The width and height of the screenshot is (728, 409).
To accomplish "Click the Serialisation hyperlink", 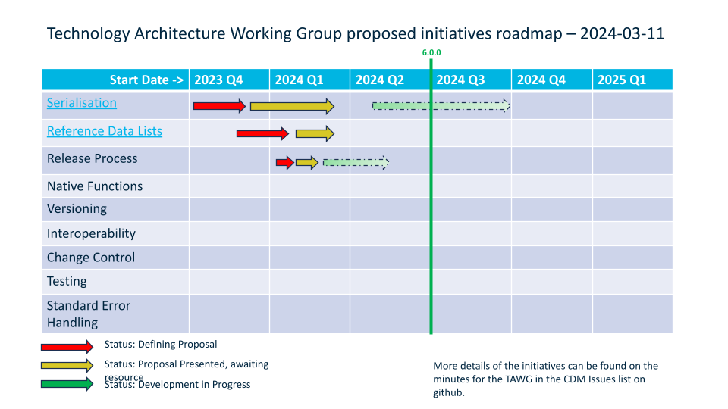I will point(82,103).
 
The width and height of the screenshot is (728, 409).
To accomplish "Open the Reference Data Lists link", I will point(105,131).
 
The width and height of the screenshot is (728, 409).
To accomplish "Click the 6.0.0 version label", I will point(431,53).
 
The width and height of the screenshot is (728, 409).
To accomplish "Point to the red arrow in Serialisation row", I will point(219,106).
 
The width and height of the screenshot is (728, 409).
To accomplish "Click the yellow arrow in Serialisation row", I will point(292,106).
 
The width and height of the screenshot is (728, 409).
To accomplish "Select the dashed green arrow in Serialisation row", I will point(441,105).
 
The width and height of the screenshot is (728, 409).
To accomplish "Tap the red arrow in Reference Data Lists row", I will point(262,134).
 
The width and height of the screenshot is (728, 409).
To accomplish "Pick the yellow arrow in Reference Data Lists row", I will point(315,134).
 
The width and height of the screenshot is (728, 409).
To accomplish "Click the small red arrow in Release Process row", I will point(285,162).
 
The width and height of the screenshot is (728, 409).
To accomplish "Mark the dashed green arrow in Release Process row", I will point(356,162).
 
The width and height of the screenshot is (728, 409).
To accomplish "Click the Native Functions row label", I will point(95,186).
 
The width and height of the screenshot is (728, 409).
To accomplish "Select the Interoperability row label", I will point(91,233).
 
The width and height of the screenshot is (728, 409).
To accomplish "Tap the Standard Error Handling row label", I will point(89,314).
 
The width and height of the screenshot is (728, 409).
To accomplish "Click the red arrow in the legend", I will point(67,347).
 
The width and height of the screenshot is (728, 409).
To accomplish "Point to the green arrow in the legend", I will point(67,384).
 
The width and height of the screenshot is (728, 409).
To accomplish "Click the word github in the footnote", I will point(448,393).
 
